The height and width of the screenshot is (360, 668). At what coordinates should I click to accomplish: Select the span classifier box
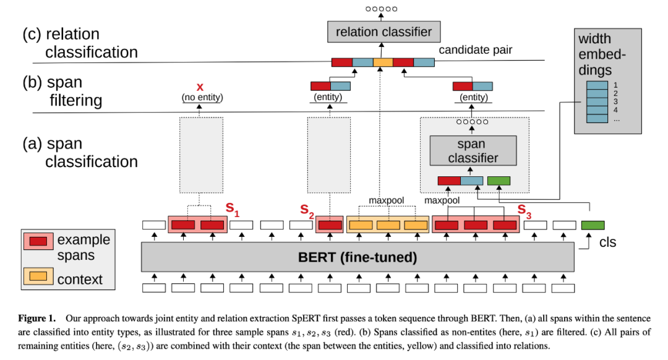click(473, 150)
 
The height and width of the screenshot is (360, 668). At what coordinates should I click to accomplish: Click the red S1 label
click(233, 208)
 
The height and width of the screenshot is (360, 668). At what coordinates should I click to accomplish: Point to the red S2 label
click(307, 210)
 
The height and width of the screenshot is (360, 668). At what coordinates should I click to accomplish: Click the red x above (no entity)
click(199, 87)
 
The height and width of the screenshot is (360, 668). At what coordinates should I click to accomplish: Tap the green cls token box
click(593, 225)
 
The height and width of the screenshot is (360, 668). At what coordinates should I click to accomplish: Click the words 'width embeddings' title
click(603, 54)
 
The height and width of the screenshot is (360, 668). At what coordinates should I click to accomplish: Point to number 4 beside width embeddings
click(616, 110)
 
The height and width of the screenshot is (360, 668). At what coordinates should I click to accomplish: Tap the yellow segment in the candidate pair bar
click(383, 62)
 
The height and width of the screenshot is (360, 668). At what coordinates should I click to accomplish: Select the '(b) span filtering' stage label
click(62, 91)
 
